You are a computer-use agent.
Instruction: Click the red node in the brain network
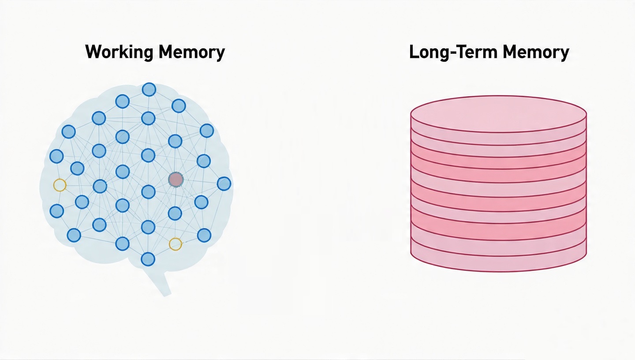[176, 180]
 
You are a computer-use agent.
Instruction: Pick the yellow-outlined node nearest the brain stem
[176, 244]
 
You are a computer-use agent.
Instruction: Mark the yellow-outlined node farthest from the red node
[60, 185]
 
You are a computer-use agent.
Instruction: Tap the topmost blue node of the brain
[149, 90]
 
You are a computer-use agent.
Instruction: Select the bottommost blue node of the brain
[148, 259]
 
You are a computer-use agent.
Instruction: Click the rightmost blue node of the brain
[224, 184]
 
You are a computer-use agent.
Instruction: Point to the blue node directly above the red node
[175, 141]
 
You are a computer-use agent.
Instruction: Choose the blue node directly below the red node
[175, 214]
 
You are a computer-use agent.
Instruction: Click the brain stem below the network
[160, 282]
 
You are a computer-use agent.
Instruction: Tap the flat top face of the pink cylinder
[498, 113]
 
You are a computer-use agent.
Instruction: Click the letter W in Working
[93, 52]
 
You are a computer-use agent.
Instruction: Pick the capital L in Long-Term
[414, 52]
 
